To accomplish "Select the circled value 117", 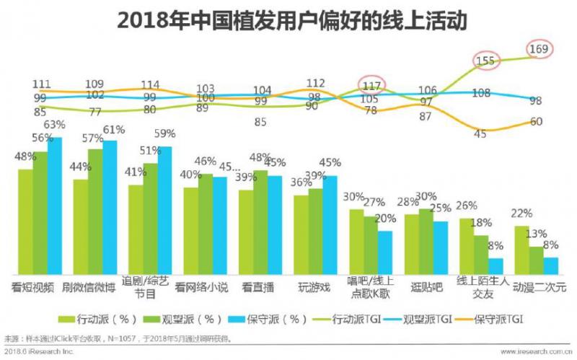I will (372, 86).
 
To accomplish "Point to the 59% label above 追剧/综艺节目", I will (166, 133).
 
